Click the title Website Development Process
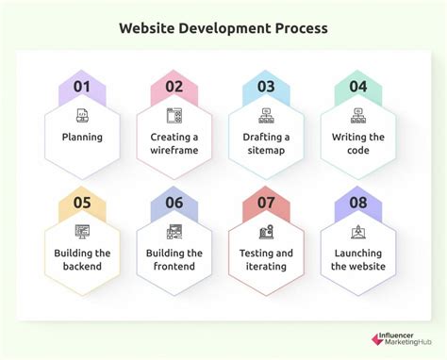[x=223, y=27]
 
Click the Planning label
[x=82, y=137]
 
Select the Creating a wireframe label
[x=174, y=143]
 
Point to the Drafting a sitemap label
[x=265, y=143]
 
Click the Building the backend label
[x=82, y=259]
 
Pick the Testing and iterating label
[x=265, y=259]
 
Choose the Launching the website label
[x=357, y=259]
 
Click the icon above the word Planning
[x=82, y=116]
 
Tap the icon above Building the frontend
[x=174, y=232]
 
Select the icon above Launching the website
[x=357, y=232]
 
